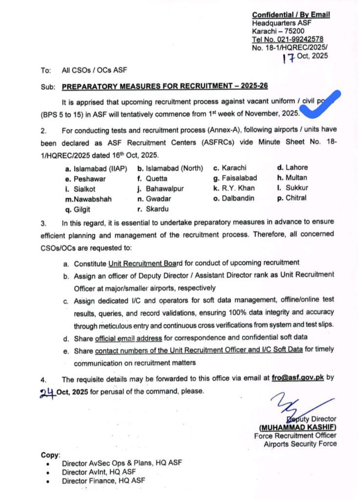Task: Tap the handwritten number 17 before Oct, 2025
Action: click(290, 59)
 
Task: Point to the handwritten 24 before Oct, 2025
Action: click(47, 391)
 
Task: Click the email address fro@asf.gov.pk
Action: click(300, 377)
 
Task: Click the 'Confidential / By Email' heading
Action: click(291, 15)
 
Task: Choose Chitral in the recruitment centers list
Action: click(296, 198)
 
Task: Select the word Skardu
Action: click(157, 209)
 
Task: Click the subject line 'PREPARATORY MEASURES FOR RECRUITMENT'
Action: click(165, 86)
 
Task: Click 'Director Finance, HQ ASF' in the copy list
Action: click(103, 480)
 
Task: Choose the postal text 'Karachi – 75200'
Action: click(278, 31)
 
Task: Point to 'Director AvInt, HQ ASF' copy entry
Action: click(99, 472)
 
